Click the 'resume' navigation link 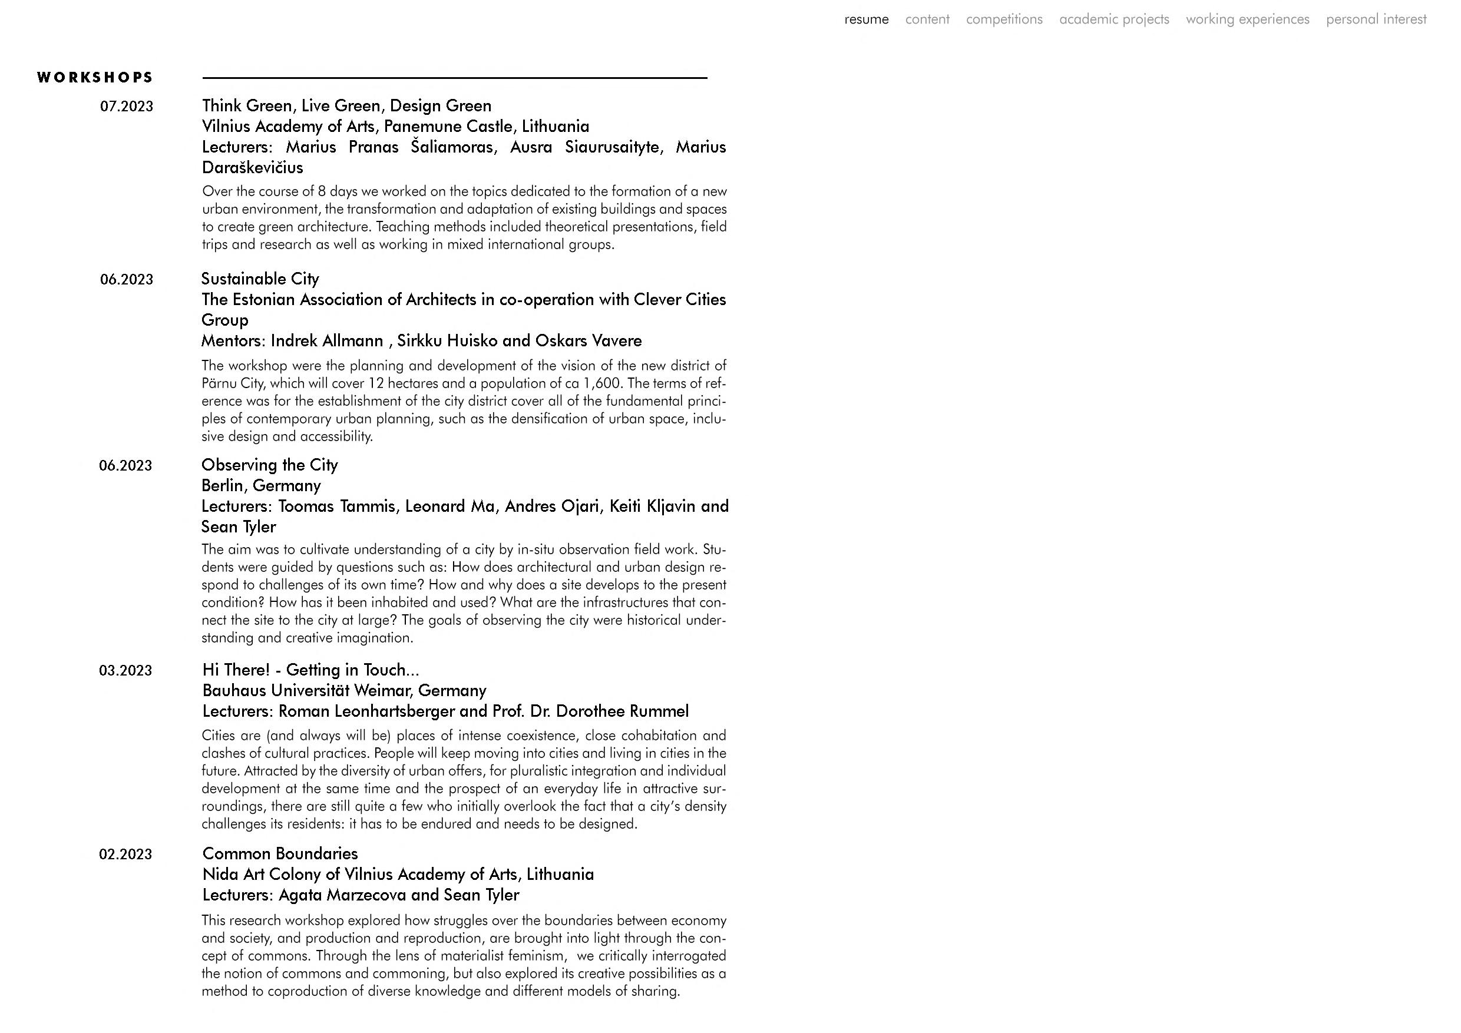(866, 19)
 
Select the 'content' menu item (927, 19)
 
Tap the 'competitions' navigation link (1004, 19)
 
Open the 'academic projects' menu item (1113, 19)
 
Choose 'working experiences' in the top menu (1247, 19)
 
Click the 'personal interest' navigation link (1376, 19)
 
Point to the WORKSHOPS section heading (95, 78)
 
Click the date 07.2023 (127, 106)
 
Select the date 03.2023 (125, 670)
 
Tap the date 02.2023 (125, 855)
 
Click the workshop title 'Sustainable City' (260, 279)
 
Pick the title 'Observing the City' (269, 465)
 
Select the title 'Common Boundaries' (280, 853)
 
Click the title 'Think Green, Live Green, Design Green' (347, 105)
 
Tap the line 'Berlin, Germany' (261, 485)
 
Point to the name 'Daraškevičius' (253, 167)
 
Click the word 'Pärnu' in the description (219, 383)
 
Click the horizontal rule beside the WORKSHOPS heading (454, 78)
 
